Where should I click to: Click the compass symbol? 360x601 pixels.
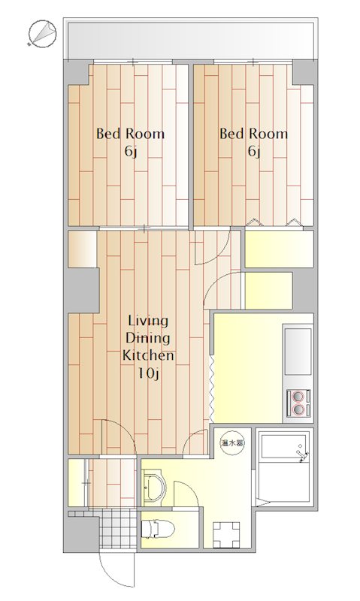coord(42,33)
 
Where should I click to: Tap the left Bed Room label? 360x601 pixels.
coord(130,134)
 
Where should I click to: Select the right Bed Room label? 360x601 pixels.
coord(253,134)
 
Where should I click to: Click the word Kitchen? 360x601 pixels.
coord(148,355)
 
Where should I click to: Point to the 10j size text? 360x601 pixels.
coord(148,373)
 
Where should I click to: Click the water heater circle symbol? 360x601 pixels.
coord(231,443)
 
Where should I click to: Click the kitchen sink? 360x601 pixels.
coord(298,351)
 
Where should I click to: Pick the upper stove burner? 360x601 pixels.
coord(298,395)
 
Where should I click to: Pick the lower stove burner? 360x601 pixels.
coord(298,409)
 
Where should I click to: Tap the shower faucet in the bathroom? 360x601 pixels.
coord(302,454)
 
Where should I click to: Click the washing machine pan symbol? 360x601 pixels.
coord(226,535)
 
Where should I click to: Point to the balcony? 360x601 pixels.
coord(191,39)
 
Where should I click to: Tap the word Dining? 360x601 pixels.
coord(148,339)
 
